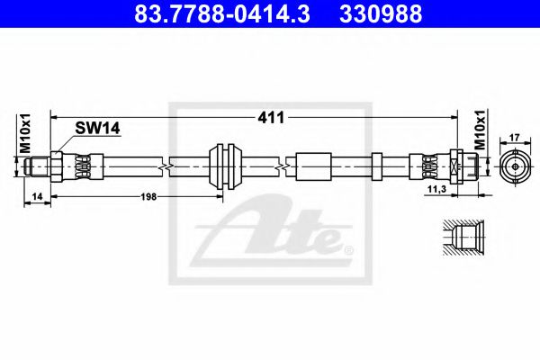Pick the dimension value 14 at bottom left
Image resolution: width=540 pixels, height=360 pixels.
tap(35, 194)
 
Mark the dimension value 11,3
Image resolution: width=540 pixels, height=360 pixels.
tap(437, 192)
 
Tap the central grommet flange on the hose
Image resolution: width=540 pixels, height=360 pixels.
tap(221, 166)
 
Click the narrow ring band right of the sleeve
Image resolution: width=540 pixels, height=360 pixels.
tap(378, 166)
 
